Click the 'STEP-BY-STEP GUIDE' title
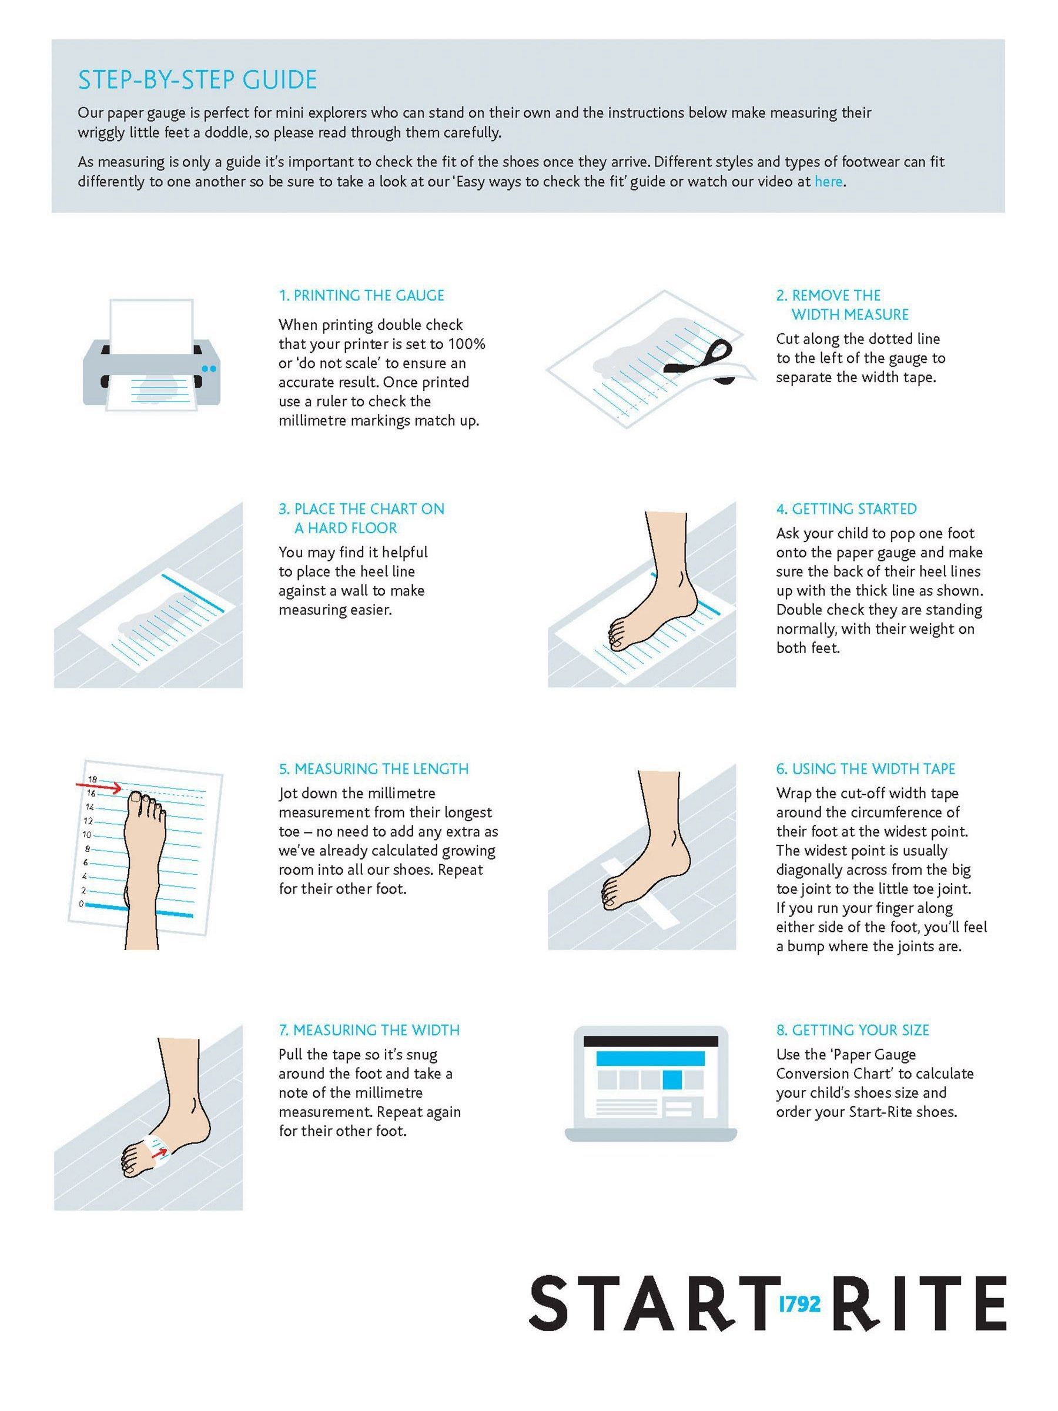[197, 80]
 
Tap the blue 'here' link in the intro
[828, 181]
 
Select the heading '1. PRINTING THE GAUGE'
[361, 295]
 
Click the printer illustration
[151, 355]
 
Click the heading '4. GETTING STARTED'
[846, 509]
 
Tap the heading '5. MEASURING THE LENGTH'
[374, 768]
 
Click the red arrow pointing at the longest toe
[99, 787]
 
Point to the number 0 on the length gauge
[81, 903]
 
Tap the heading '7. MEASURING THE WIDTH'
[369, 1030]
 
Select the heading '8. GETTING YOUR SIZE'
[852, 1030]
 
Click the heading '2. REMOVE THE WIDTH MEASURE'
[842, 305]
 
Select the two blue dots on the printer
[209, 368]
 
